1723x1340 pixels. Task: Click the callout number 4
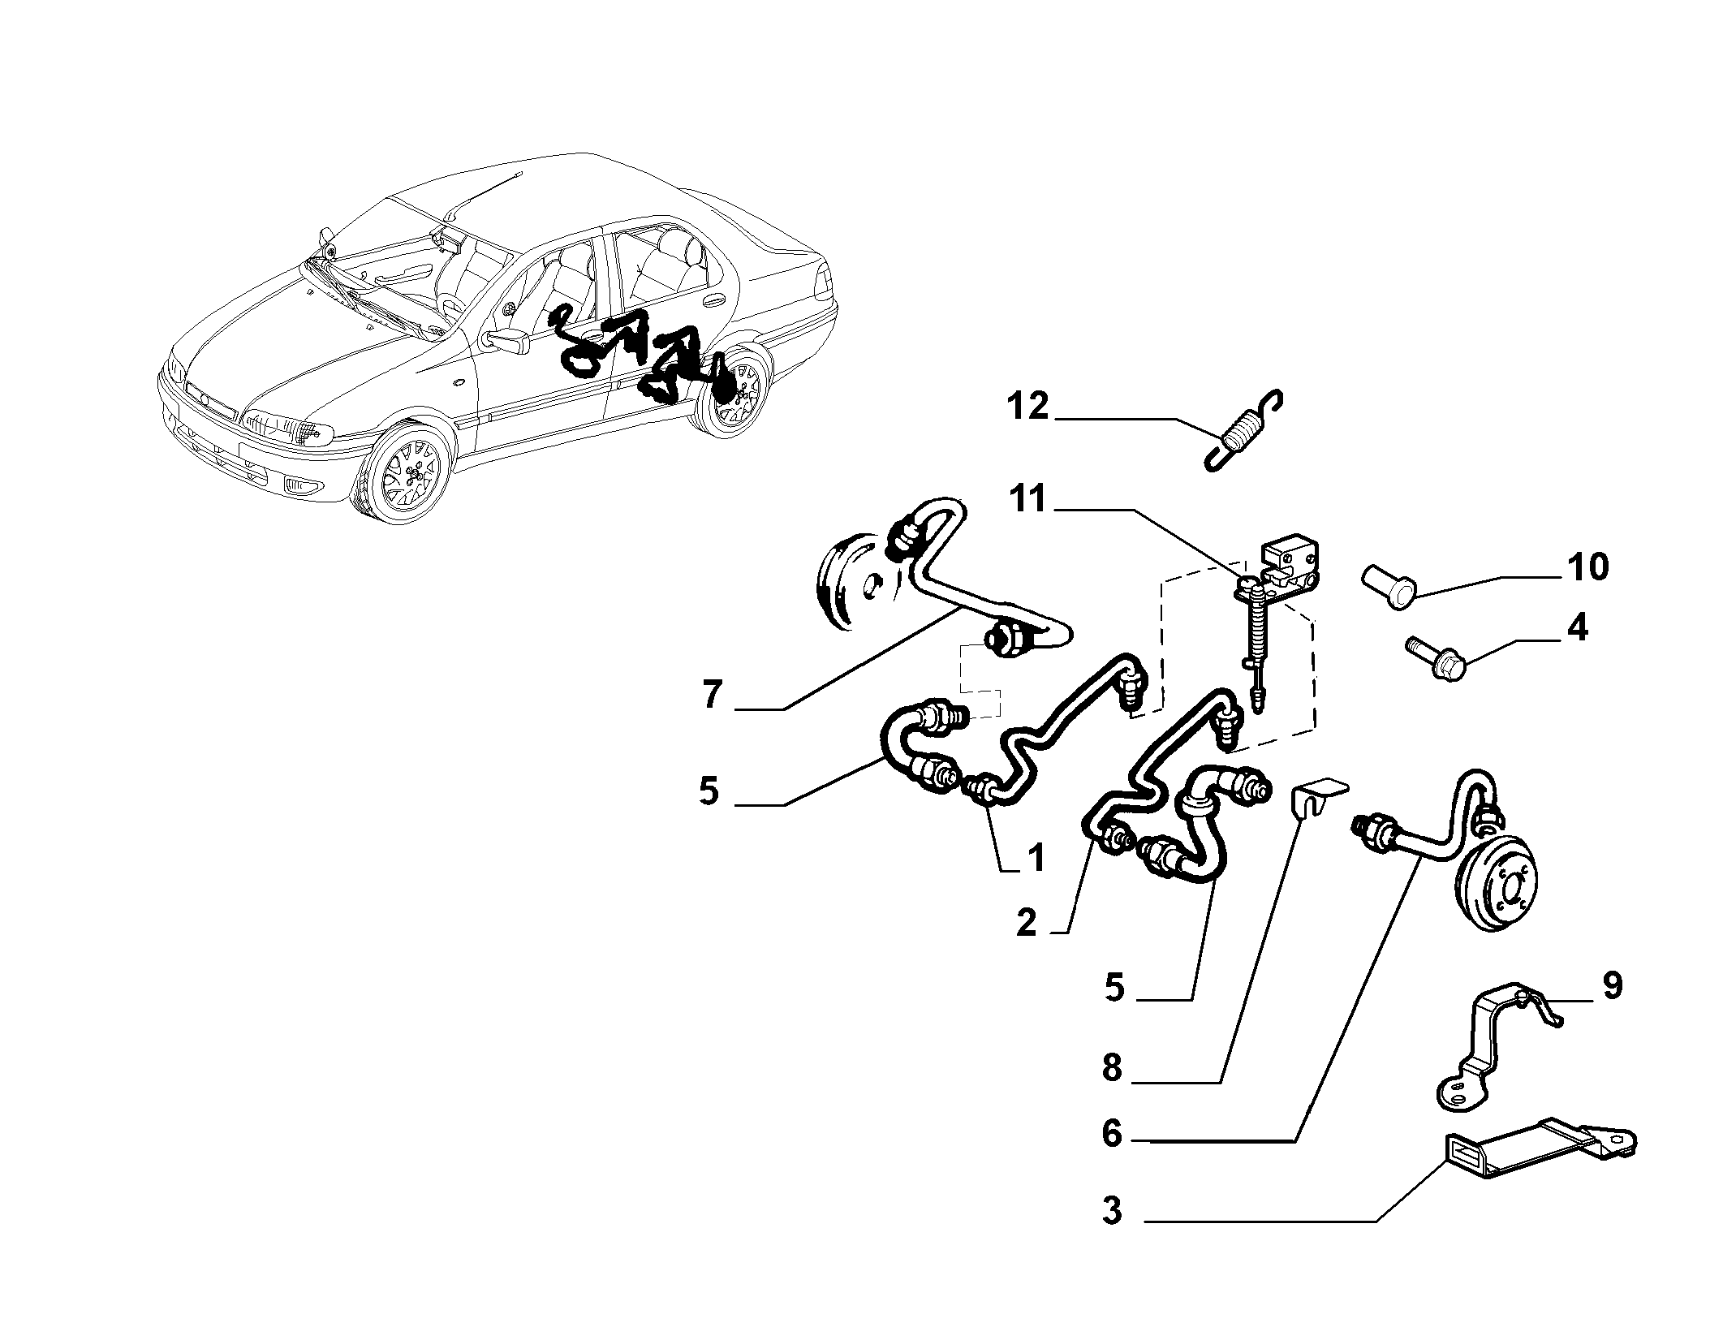[x=1577, y=628]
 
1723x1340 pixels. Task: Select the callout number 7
[x=713, y=696]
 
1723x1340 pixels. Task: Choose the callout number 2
[x=1027, y=923]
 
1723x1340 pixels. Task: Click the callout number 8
[x=1112, y=1069]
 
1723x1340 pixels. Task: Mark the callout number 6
[x=1112, y=1135]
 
